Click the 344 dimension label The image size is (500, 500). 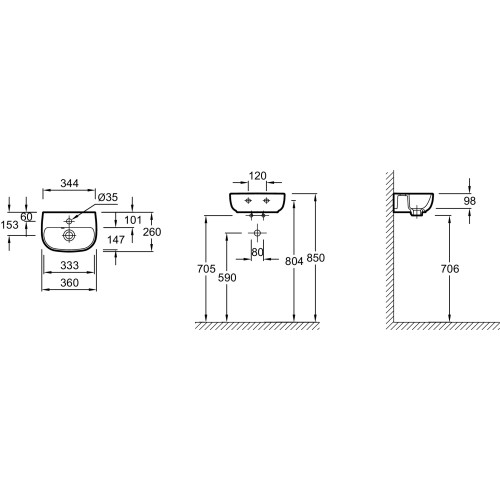[69, 183]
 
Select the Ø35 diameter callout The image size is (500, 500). [108, 197]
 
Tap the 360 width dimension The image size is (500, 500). [69, 283]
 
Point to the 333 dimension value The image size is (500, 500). [69, 265]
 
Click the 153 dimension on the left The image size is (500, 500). [9, 225]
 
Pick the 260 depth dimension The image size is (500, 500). [152, 232]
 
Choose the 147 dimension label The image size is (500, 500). [116, 240]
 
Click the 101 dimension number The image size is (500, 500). [133, 220]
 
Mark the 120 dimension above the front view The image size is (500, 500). [258, 176]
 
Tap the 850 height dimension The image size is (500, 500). [315, 258]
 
